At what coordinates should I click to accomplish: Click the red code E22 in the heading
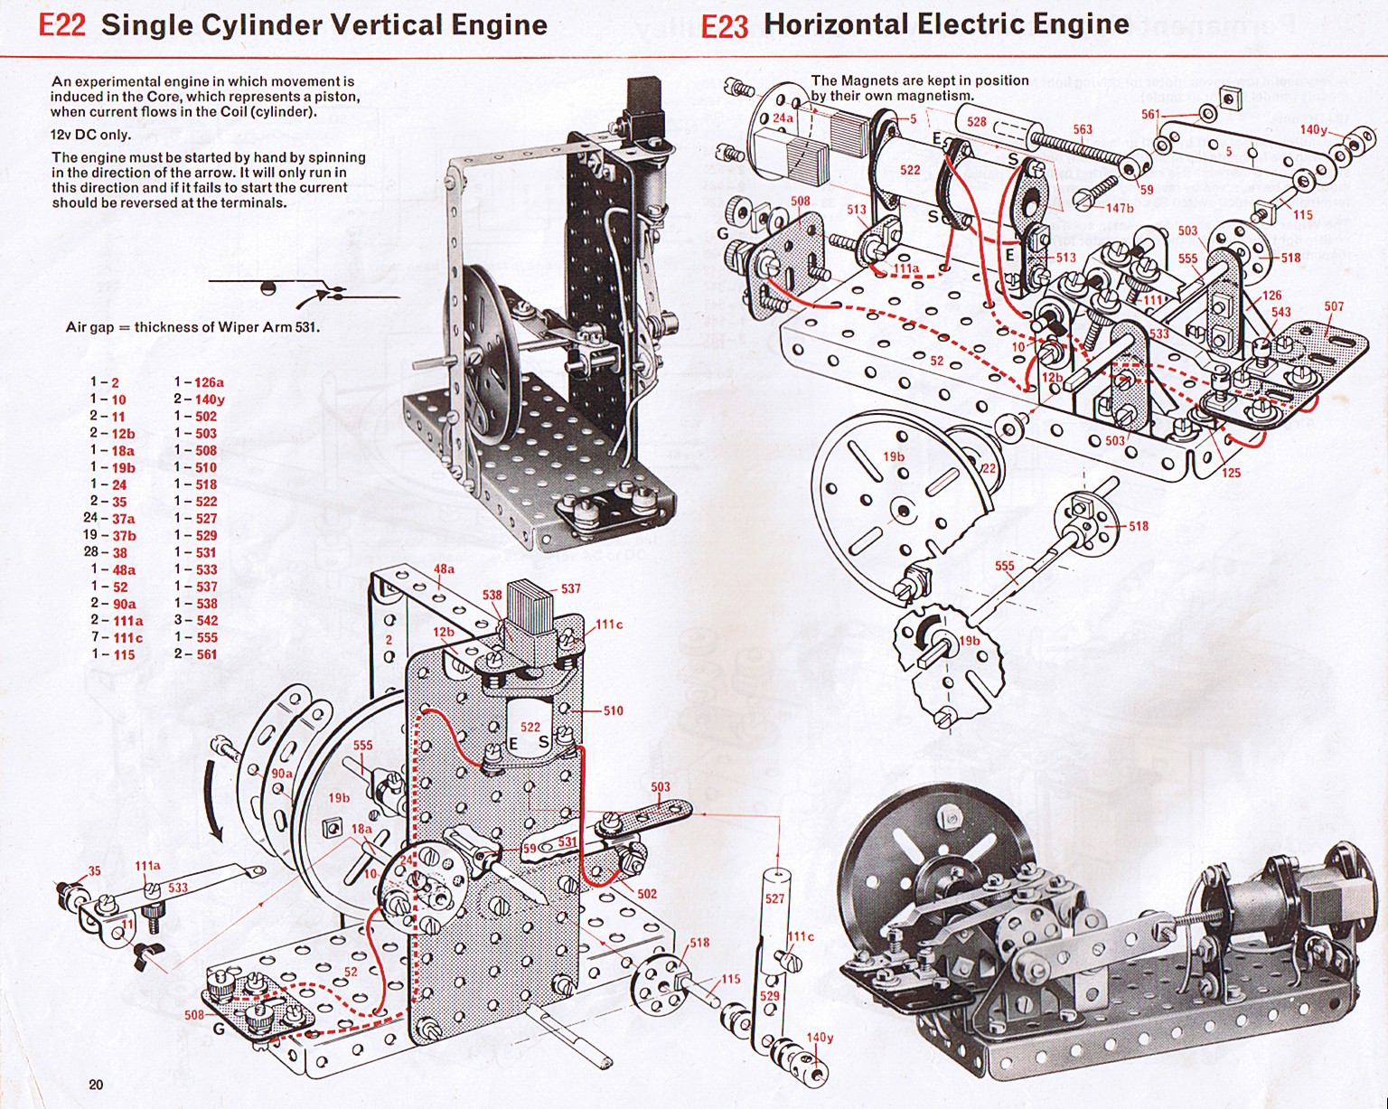coord(61,25)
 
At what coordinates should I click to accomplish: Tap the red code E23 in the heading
coord(725,26)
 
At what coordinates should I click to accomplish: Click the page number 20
coord(97,1085)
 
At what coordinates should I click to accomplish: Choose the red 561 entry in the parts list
coord(207,653)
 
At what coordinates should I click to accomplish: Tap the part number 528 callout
coord(976,122)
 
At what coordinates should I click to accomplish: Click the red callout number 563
coord(1083,129)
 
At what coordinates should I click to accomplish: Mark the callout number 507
coord(1334,306)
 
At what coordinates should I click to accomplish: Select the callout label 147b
coord(1119,208)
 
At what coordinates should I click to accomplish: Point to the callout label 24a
coord(783,118)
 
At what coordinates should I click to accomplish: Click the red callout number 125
coord(1230,473)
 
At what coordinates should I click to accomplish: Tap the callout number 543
coord(1281,312)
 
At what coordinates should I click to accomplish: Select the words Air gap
coord(89,327)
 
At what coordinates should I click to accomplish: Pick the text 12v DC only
coord(91,135)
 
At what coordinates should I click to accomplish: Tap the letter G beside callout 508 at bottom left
coord(219,1029)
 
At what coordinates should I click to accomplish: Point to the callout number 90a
coord(281,774)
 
